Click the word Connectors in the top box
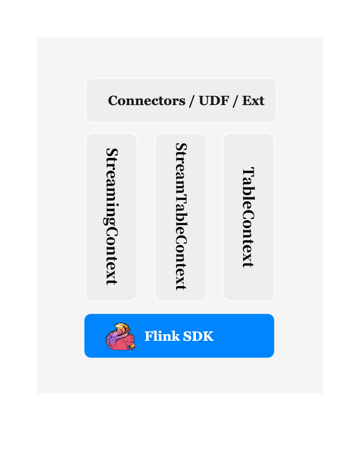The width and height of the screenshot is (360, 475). [x=146, y=101]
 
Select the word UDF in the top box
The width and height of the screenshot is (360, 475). [x=214, y=101]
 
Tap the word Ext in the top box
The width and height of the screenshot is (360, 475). [x=253, y=101]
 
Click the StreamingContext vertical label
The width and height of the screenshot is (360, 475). [x=111, y=217]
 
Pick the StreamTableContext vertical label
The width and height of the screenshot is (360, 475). [x=181, y=217]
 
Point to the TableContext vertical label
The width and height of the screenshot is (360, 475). [x=248, y=217]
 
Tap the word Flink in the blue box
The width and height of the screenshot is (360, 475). [x=162, y=336]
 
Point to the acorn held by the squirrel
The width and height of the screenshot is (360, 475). [x=132, y=346]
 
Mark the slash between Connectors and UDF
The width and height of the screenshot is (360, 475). [x=192, y=101]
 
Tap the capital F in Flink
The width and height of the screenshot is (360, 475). [x=148, y=336]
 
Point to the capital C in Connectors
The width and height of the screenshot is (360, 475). [x=114, y=101]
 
